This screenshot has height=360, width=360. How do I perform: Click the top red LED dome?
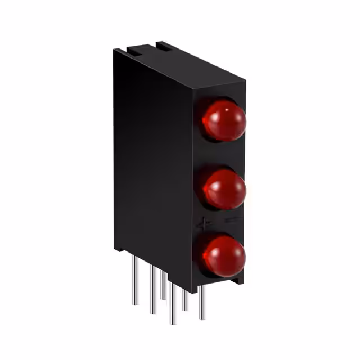[x=224, y=120]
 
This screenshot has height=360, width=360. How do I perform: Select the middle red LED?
[x=224, y=188]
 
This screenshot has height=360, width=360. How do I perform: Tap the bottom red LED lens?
[x=224, y=256]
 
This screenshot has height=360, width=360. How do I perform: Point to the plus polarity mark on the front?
[x=204, y=223]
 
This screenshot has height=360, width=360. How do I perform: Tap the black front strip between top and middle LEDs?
[x=222, y=155]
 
